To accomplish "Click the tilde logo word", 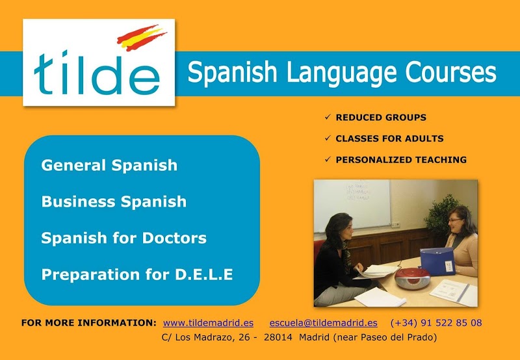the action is (97, 73).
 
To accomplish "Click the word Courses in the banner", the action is (450, 71).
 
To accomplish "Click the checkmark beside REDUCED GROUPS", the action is (328, 117).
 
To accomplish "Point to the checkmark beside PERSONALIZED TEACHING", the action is (328, 159).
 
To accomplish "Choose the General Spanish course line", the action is (109, 165).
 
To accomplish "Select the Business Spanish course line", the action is (114, 201).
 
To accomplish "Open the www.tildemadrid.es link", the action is (208, 323).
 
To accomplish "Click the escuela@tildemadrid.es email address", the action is (323, 323).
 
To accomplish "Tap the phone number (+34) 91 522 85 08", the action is (436, 323).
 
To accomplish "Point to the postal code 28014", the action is (278, 337).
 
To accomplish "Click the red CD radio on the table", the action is (411, 277).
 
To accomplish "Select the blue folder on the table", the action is (437, 261).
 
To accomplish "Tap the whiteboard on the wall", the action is (352, 205).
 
